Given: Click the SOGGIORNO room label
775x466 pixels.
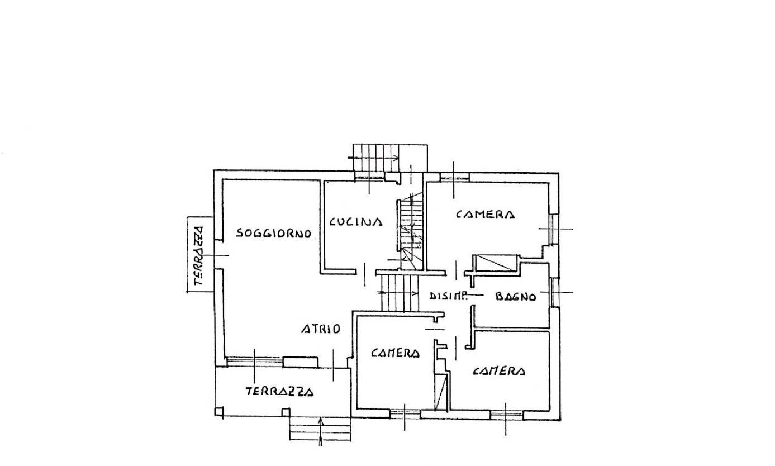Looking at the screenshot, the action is (273, 233).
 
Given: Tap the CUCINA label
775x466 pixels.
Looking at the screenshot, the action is (355, 221).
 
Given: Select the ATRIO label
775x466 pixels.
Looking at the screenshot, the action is (321, 329).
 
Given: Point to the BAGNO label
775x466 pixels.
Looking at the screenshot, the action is (516, 297).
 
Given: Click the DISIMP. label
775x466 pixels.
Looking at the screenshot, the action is (449, 296).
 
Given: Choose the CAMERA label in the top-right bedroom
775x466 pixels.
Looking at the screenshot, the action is (485, 215).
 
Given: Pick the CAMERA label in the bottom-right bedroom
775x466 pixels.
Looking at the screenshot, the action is (499, 371).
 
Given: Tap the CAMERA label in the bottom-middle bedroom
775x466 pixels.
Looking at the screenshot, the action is (395, 353).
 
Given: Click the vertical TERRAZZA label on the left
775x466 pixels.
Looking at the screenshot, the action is (198, 256).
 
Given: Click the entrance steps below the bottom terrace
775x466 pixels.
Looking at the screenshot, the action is (320, 429).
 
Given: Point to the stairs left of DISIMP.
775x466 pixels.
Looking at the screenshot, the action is (400, 293).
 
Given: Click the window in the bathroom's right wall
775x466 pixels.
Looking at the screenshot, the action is (553, 292).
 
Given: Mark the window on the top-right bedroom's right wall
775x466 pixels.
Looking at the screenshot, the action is (553, 229).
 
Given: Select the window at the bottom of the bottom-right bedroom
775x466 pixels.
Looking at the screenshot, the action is (507, 414).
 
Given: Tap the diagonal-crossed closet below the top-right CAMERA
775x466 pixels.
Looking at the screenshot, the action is (495, 263).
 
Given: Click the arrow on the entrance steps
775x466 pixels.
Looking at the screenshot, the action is (321, 431).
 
